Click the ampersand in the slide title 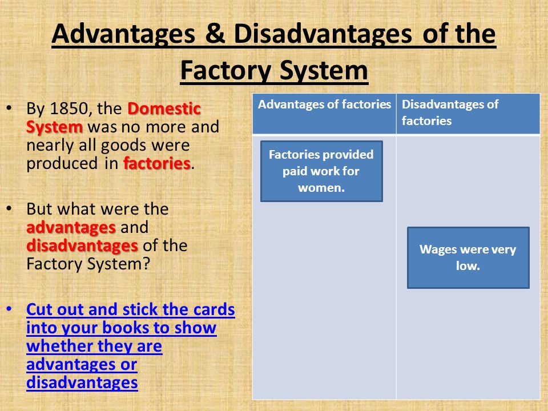click(214, 34)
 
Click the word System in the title click(324, 71)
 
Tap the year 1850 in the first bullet click(68, 108)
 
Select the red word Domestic click(164, 108)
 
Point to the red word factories click(157, 163)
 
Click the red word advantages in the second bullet click(71, 228)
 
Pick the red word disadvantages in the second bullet click(82, 245)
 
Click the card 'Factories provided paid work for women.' click(321, 171)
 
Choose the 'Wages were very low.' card click(468, 257)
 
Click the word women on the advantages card click(321, 188)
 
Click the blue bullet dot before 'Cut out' click(9, 309)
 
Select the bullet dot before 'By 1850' click(9, 108)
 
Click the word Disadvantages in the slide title click(323, 34)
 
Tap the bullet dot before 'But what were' click(9, 209)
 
